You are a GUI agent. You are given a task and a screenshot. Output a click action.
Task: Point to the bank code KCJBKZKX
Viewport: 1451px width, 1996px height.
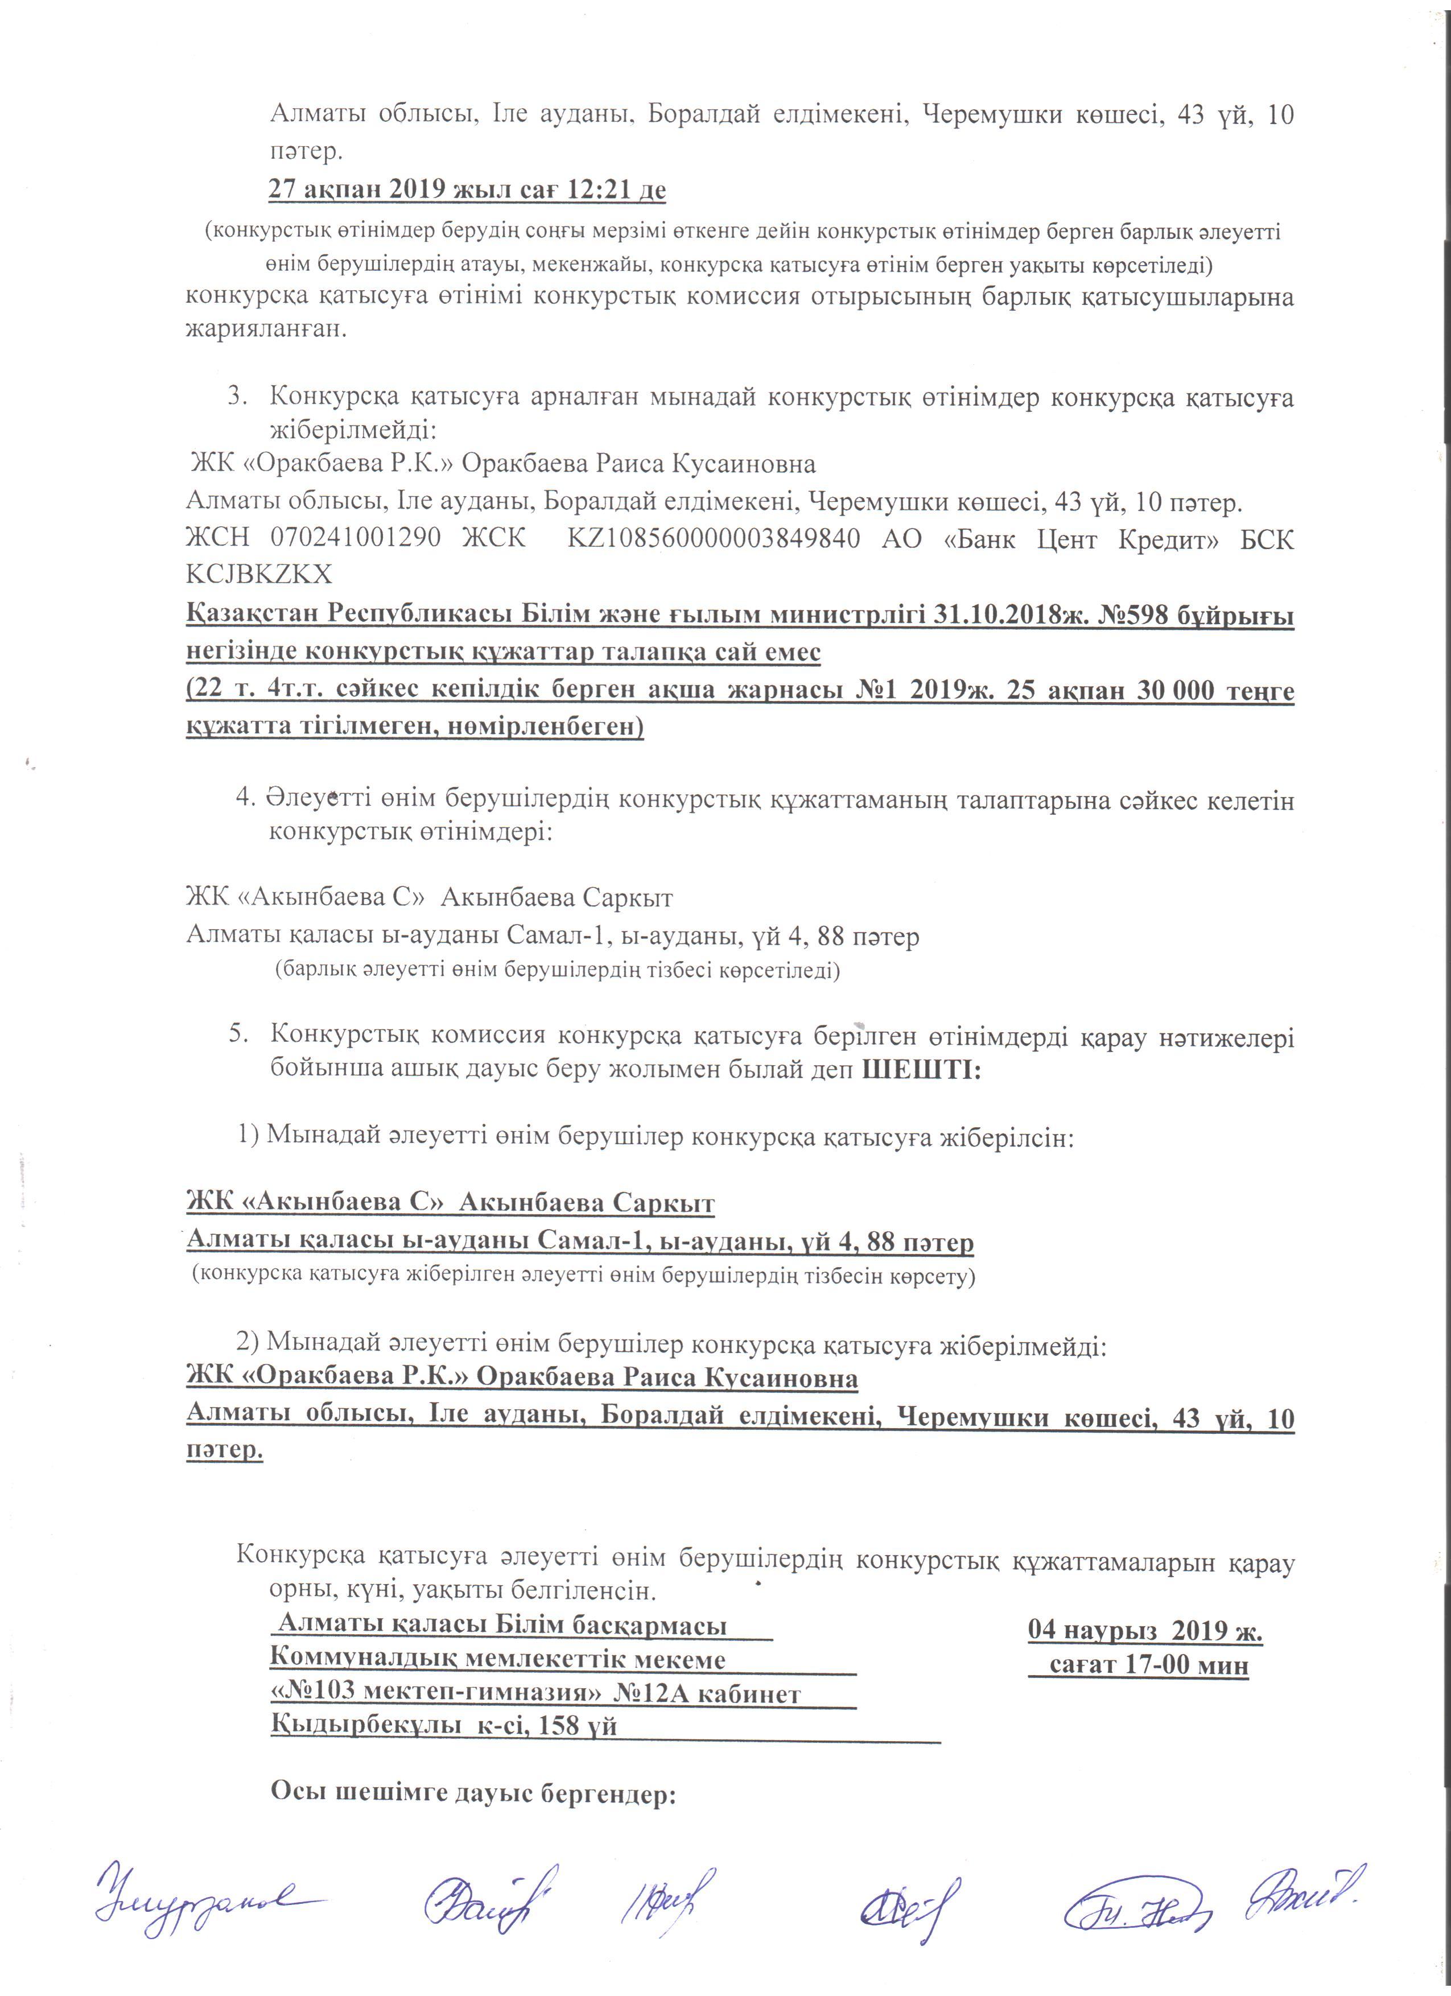(x=259, y=574)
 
